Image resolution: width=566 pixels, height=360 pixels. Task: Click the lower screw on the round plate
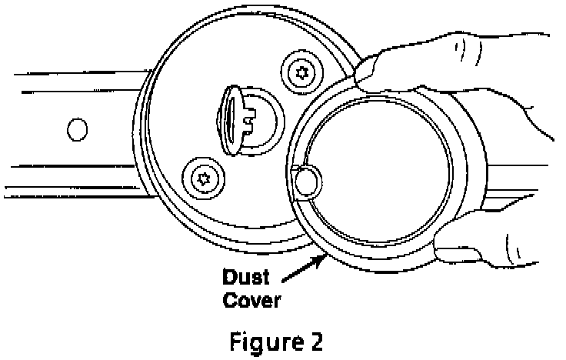pyautogui.click(x=204, y=178)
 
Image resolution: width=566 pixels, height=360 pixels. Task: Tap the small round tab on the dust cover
pyautogui.click(x=306, y=182)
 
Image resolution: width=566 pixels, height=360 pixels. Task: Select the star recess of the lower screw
pyautogui.click(x=204, y=178)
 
